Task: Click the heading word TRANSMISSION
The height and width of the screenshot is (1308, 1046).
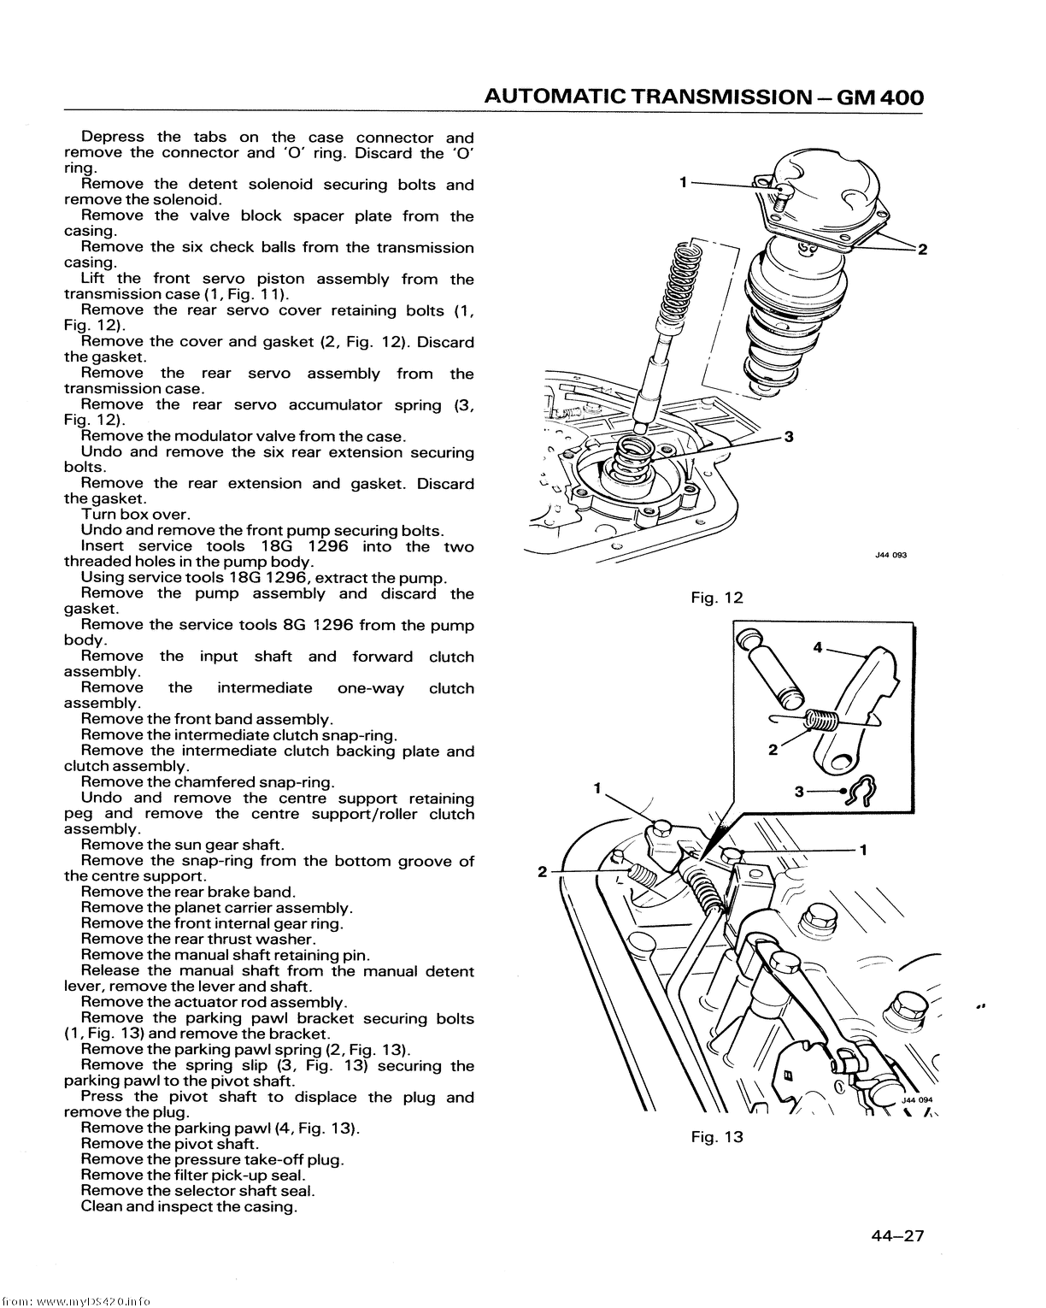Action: coord(721,97)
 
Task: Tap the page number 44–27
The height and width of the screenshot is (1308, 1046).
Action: coord(897,1235)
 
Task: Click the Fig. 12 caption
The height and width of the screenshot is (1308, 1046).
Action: coord(717,598)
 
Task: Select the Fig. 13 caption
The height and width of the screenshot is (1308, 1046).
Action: coord(717,1137)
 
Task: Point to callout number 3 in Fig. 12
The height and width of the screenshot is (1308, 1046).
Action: coord(788,436)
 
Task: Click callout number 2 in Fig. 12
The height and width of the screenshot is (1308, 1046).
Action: coord(922,249)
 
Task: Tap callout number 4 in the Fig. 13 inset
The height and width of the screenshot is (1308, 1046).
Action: coord(818,648)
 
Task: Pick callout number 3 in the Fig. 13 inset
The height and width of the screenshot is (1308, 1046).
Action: coord(799,792)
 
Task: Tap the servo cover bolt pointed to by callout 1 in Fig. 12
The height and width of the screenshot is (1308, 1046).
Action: coord(779,197)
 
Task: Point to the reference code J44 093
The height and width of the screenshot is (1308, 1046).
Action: coord(890,555)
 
